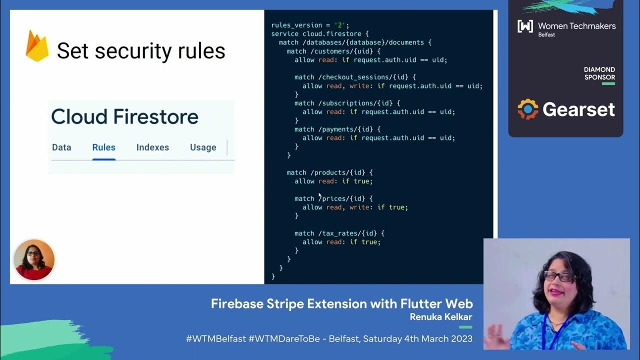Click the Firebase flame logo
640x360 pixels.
37,46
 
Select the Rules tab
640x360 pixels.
103,147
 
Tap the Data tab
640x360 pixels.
61,147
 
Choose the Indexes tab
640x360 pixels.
152,147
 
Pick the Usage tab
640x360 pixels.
203,147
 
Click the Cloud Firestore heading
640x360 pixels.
124,117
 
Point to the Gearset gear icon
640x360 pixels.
528,109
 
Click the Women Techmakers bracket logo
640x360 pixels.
525,26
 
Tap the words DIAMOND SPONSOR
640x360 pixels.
599,73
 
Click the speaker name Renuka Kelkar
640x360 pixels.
441,317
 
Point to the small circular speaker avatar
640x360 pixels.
34,259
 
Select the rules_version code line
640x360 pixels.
310,25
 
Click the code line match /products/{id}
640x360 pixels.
329,172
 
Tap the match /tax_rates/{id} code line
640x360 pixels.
339,233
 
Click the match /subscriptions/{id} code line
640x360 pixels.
347,103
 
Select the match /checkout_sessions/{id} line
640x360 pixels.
355,77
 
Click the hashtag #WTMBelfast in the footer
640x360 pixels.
216,338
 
